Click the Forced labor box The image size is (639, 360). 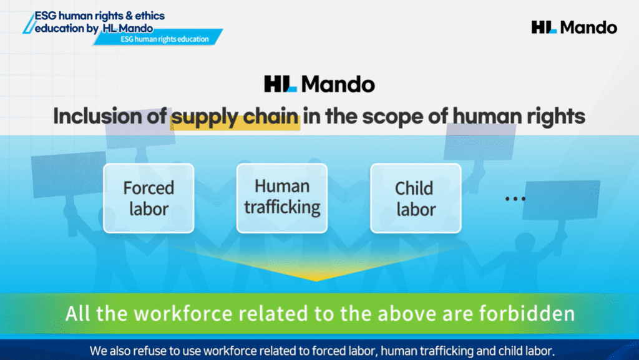pyautogui.click(x=149, y=198)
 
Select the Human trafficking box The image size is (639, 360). pyautogui.click(x=282, y=198)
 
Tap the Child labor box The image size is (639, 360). pyautogui.click(x=416, y=198)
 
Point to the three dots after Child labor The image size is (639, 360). pyautogui.click(x=515, y=199)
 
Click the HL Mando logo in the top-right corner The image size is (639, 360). pyautogui.click(x=574, y=27)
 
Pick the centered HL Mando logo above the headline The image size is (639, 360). pyautogui.click(x=319, y=84)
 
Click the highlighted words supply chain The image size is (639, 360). pyautogui.click(x=235, y=117)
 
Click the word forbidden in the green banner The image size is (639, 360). pyautogui.click(x=527, y=313)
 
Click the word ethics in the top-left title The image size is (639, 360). pyautogui.click(x=150, y=16)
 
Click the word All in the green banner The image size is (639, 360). pyautogui.click(x=78, y=313)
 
